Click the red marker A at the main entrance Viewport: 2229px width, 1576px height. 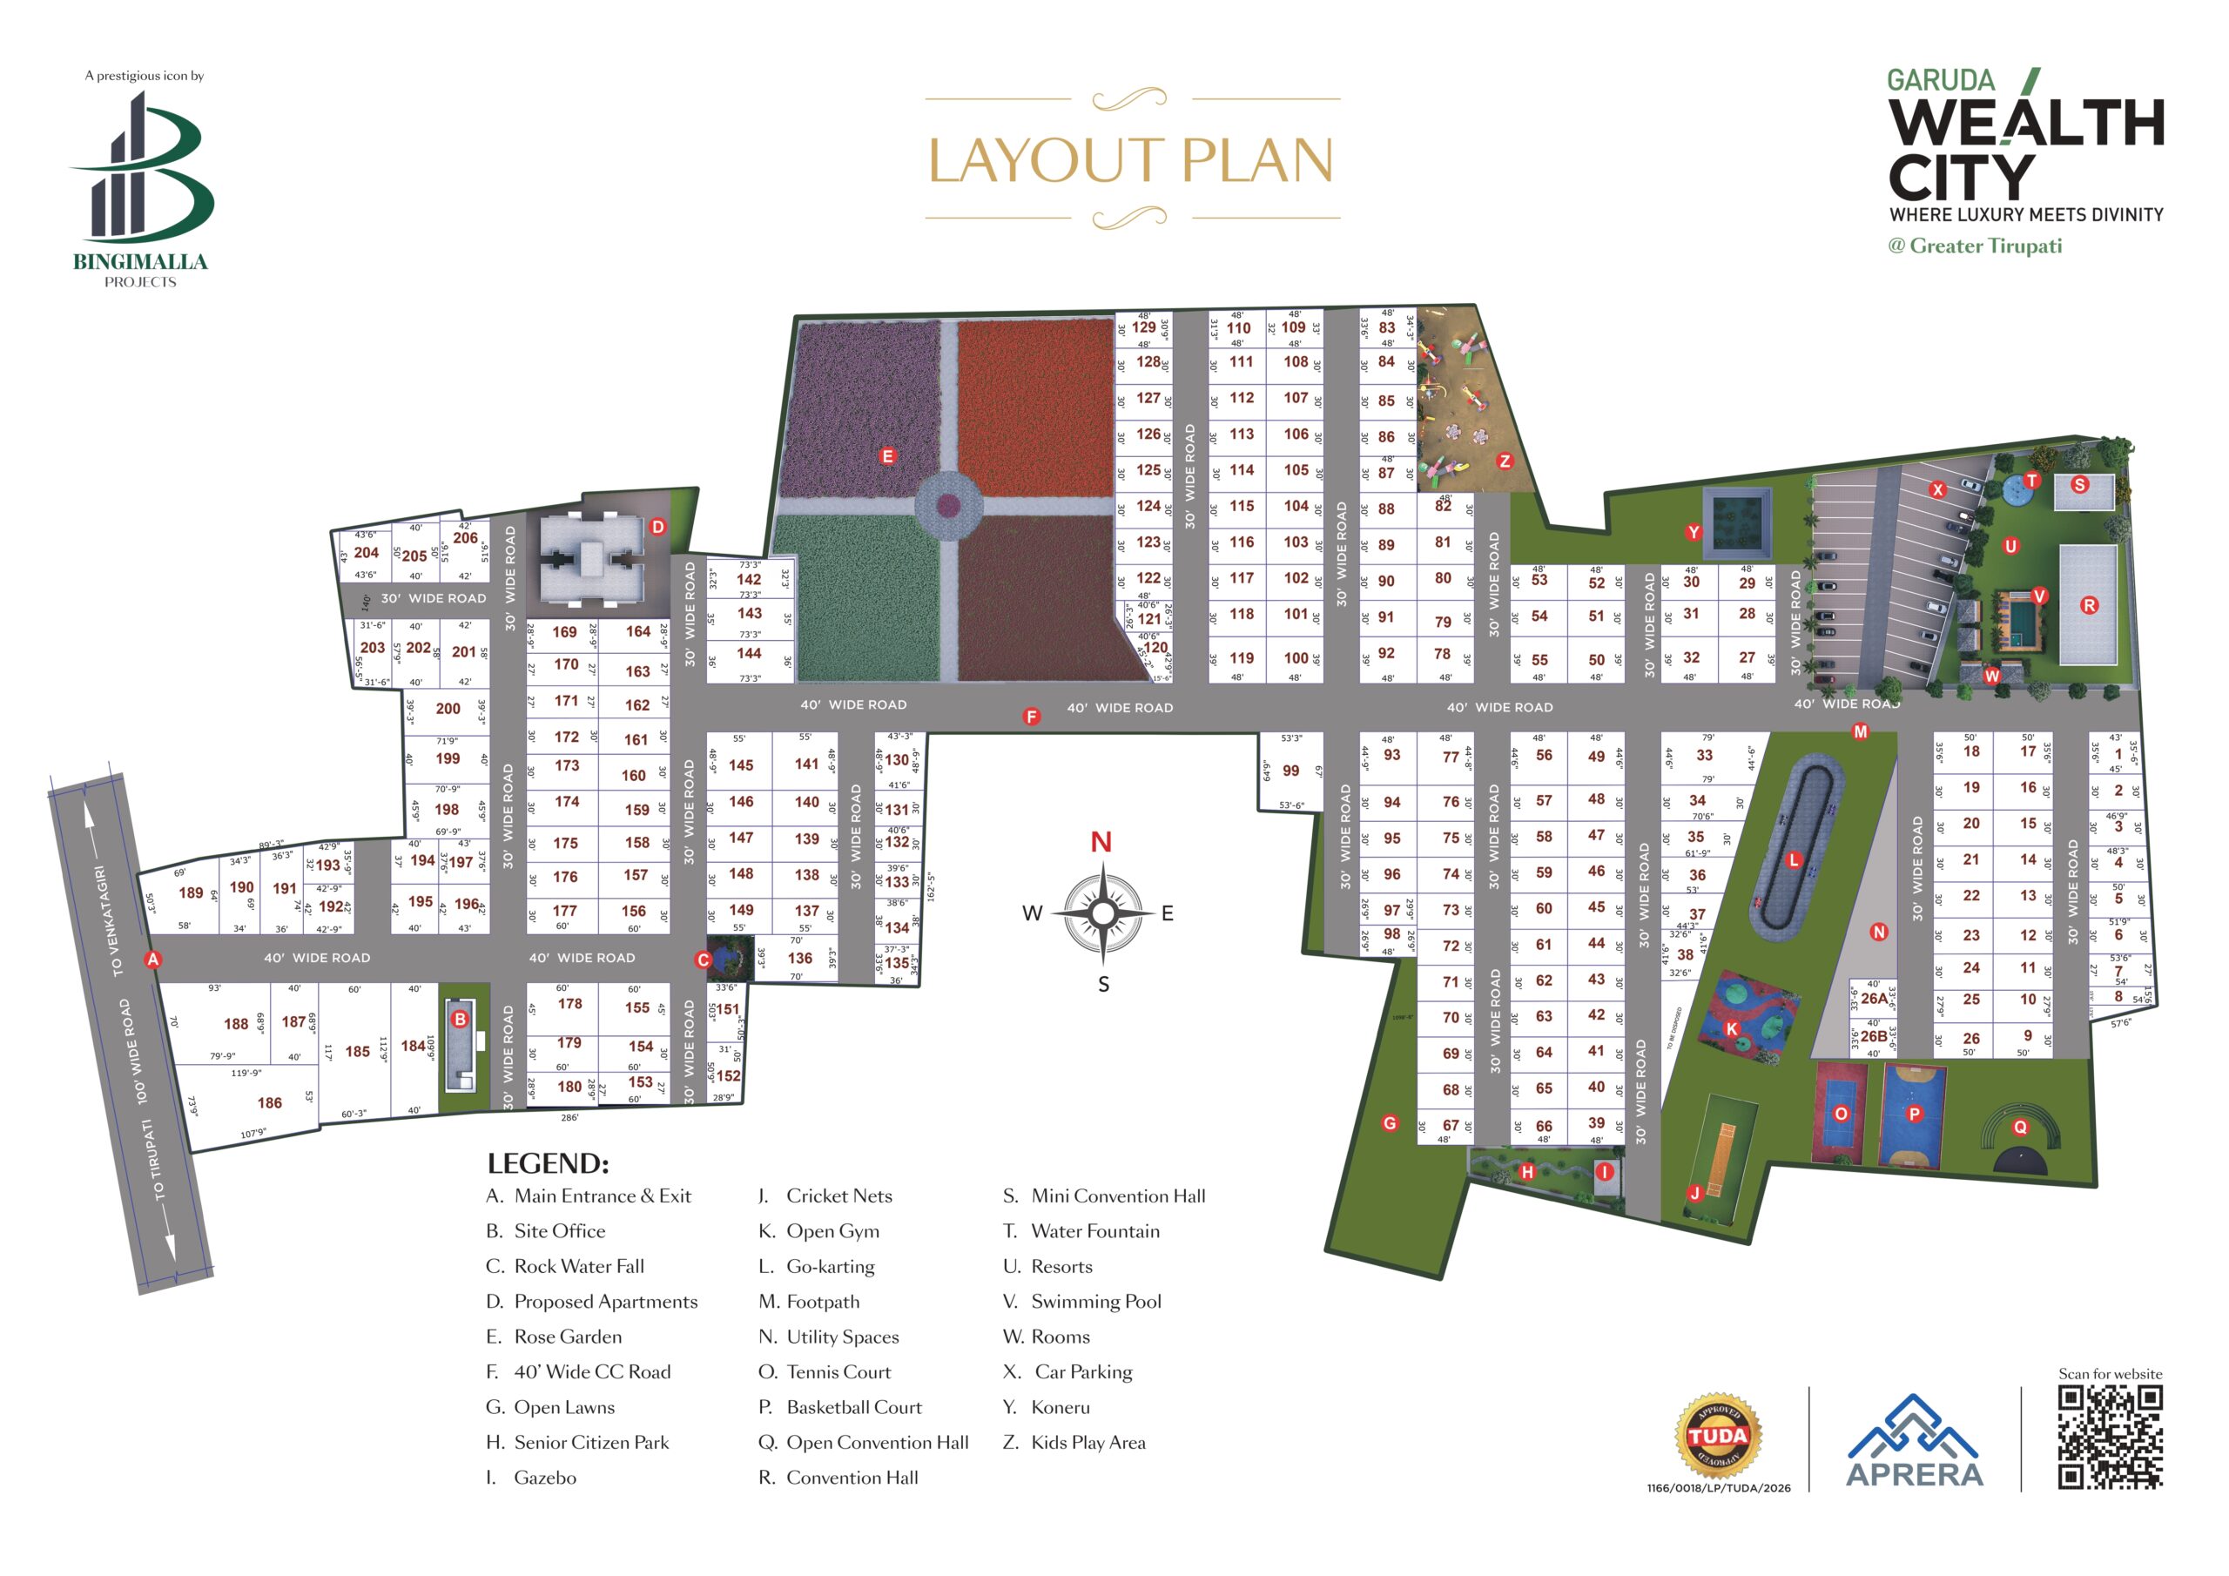(152, 960)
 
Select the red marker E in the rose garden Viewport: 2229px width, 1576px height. (886, 456)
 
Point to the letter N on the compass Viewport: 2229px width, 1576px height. (1101, 842)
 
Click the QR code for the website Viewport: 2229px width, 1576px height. (2110, 1438)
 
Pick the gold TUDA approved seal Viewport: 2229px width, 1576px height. (1717, 1435)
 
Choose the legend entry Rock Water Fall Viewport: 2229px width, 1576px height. (579, 1266)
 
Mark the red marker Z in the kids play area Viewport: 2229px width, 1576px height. (1505, 461)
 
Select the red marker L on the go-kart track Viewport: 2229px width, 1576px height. (1793, 859)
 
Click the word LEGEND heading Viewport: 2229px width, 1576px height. (548, 1163)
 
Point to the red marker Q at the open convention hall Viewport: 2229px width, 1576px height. (2020, 1128)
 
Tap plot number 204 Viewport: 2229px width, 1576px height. (366, 553)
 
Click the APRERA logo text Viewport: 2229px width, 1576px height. (1915, 1474)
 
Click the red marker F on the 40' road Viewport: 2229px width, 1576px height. (1031, 717)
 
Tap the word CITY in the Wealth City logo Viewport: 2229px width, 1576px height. (1961, 178)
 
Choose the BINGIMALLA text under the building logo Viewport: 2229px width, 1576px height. (141, 261)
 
